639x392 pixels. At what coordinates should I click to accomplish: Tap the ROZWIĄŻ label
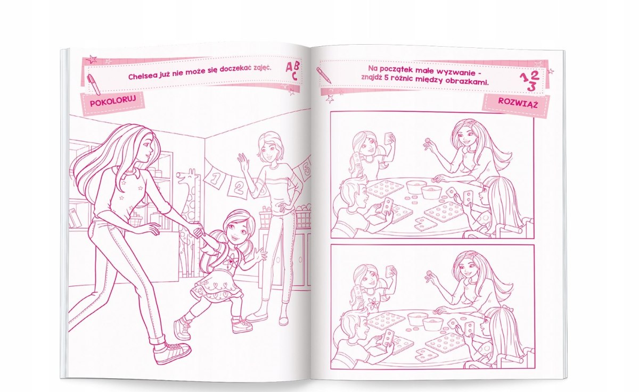(518, 103)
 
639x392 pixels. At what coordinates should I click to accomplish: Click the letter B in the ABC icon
(296, 67)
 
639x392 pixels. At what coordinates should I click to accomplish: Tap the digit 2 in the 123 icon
(535, 76)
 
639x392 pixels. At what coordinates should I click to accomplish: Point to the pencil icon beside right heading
(324, 74)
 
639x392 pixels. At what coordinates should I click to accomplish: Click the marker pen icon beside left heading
(94, 85)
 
